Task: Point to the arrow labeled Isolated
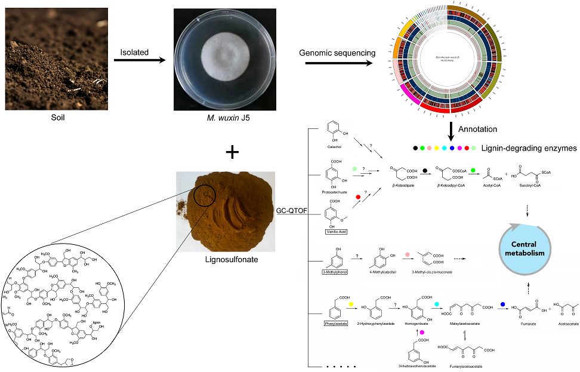point(140,61)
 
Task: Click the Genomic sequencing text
point(337,53)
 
